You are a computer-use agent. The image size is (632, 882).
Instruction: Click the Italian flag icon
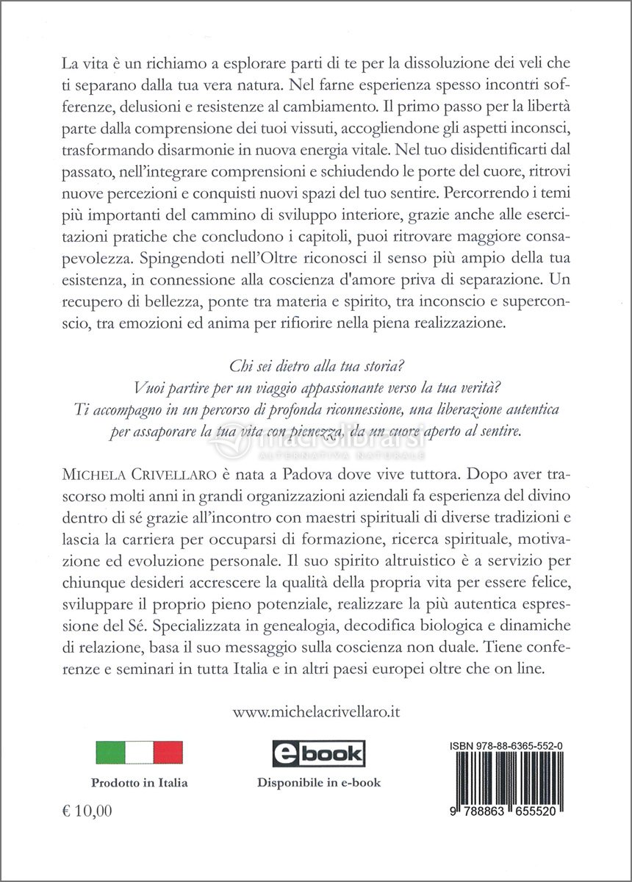pos(139,753)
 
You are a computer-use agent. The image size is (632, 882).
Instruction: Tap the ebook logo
pos(319,753)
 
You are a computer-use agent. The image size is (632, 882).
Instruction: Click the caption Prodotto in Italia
pos(139,783)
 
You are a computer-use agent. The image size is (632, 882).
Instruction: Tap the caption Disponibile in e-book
pos(319,783)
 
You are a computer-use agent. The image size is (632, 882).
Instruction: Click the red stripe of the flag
pos(168,753)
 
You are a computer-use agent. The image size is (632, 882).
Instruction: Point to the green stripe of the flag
pos(110,753)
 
